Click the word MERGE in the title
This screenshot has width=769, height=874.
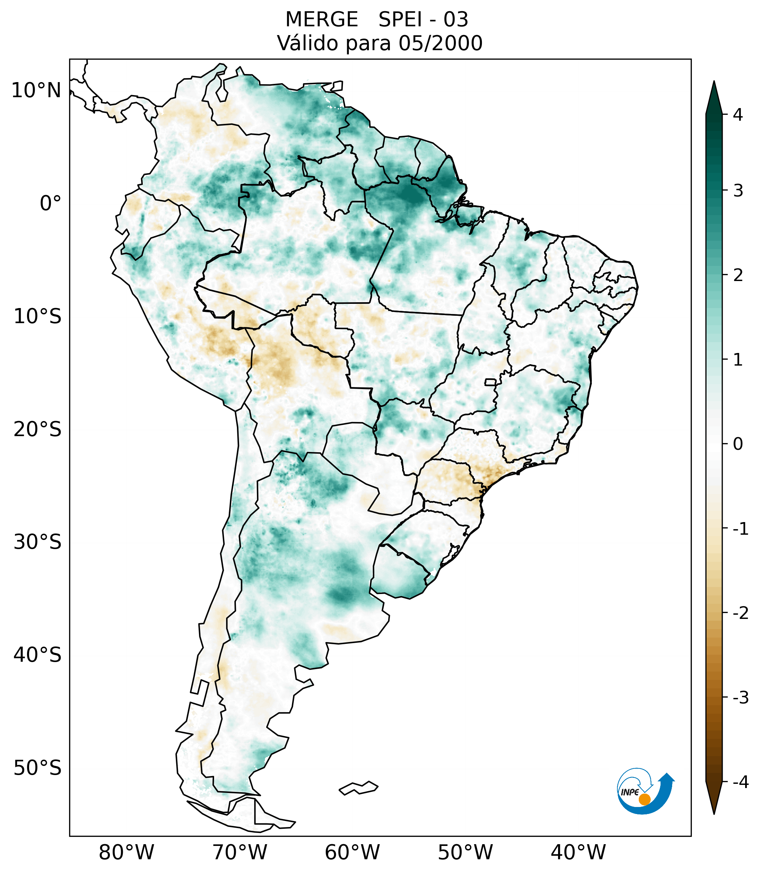point(321,20)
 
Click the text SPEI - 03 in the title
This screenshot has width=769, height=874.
point(423,20)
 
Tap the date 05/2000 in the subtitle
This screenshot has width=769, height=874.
point(440,43)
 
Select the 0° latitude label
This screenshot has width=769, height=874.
point(51,204)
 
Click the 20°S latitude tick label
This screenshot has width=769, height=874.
point(38,429)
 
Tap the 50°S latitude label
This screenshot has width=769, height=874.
point(38,768)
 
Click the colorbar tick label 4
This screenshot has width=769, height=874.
point(738,115)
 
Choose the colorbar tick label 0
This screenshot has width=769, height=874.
point(738,444)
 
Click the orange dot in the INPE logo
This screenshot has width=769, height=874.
point(644,799)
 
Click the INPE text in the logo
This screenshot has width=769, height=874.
point(630,792)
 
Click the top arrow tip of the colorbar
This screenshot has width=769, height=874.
point(714,82)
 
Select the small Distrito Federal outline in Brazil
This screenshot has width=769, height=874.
point(490,382)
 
